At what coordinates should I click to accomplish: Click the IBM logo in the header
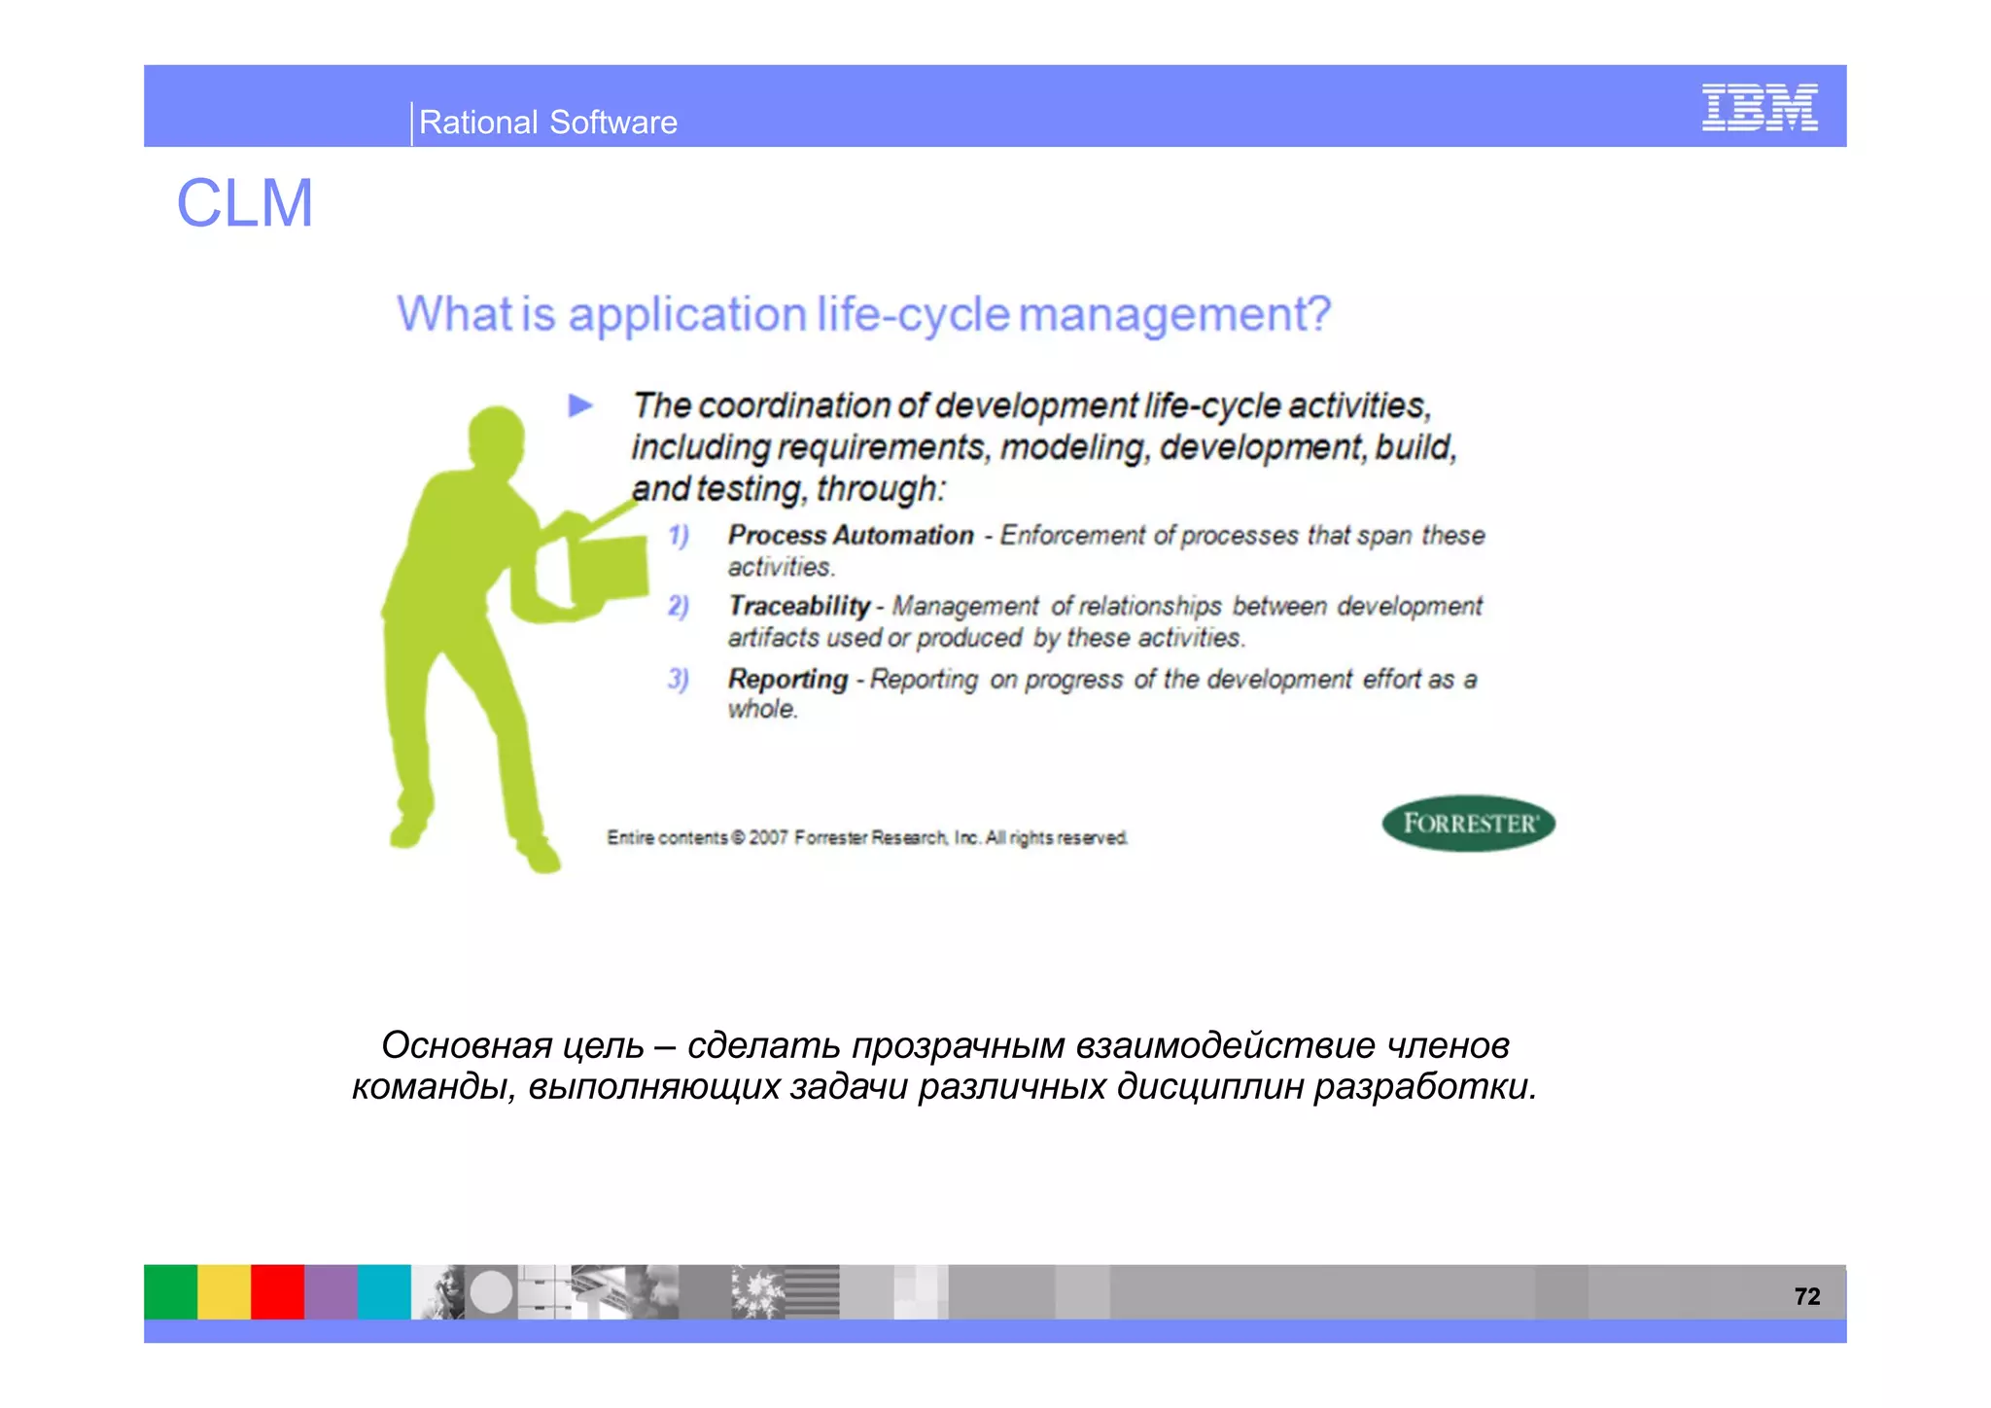[1759, 107]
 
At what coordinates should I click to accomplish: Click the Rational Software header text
[547, 123]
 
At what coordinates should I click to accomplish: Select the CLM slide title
[244, 203]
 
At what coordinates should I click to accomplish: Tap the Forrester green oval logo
[1468, 824]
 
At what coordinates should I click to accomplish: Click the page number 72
[1806, 1296]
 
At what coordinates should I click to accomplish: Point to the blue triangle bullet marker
[580, 405]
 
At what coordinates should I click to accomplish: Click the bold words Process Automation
[850, 535]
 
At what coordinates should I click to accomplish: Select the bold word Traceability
[799, 606]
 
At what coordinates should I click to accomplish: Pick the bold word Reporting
[787, 679]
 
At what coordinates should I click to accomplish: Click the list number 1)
[678, 536]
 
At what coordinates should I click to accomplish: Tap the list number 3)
[678, 679]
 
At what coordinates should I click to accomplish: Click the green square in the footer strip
[170, 1291]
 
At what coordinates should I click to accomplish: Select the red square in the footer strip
[277, 1291]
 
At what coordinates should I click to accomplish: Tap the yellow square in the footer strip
[224, 1291]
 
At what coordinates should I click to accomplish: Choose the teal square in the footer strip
[384, 1291]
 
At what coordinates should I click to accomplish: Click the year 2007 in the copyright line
[767, 837]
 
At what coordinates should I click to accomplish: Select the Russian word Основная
[466, 1045]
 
